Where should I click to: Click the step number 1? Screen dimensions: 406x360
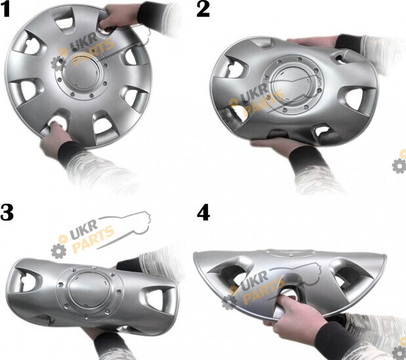(x=5, y=10)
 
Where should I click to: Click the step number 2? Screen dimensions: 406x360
(x=203, y=10)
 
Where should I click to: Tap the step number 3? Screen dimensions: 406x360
(x=7, y=212)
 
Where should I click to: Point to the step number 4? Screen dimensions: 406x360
(x=203, y=213)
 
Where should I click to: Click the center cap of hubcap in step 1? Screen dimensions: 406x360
(x=81, y=73)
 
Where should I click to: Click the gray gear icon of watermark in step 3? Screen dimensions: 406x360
(x=58, y=250)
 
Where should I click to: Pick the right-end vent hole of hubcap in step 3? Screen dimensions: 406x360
(x=159, y=300)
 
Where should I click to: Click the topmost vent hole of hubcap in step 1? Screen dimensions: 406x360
(x=64, y=21)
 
